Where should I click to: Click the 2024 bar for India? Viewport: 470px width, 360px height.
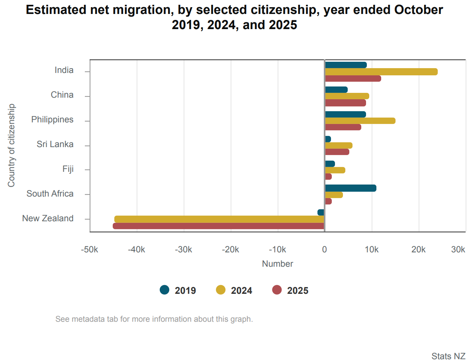point(381,72)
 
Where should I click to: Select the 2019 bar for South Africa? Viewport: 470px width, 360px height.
point(351,188)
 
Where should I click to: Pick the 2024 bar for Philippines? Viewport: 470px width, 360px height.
point(360,121)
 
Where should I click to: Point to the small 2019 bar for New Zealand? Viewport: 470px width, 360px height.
point(321,212)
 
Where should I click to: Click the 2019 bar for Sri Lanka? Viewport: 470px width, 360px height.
point(328,139)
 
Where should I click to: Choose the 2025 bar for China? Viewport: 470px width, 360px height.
point(345,103)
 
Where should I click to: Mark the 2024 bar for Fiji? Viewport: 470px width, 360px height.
point(335,170)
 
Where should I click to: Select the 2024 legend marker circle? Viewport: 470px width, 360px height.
point(221,290)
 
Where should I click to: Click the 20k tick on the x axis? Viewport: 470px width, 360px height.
point(419,250)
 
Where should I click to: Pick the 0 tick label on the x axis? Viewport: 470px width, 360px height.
point(325,250)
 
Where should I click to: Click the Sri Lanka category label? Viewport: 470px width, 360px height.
point(55,144)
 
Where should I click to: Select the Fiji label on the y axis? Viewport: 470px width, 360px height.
point(68,169)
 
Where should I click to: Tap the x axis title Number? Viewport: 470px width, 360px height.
point(278,264)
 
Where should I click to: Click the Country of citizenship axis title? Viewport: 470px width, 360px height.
point(12,146)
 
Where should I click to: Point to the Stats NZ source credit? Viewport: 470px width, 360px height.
point(448,356)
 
